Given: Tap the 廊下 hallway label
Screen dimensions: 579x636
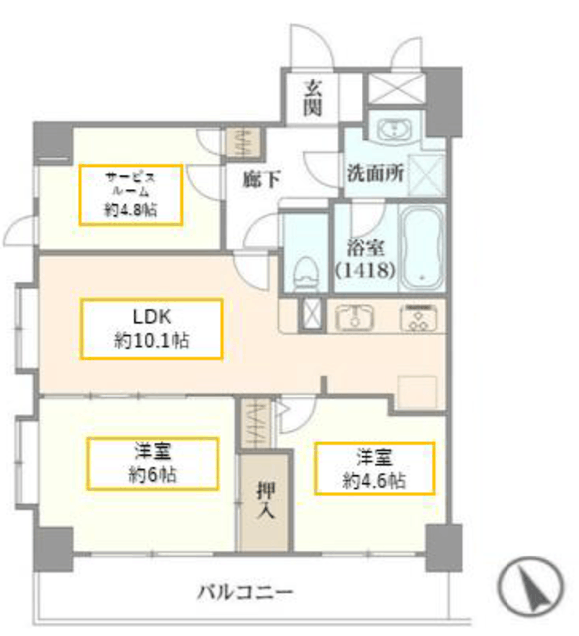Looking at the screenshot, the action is [261, 179].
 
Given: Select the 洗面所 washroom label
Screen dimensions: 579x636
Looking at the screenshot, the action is [375, 173].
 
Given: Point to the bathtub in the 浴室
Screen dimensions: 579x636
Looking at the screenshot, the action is [422, 247].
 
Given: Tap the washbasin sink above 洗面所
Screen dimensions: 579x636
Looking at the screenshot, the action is [393, 129].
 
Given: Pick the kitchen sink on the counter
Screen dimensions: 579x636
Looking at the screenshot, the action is [355, 316].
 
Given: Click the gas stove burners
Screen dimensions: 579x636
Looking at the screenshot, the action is [419, 317].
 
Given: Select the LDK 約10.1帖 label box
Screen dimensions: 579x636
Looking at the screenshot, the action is [152, 329].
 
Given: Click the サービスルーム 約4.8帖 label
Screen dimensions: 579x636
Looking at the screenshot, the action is [130, 195].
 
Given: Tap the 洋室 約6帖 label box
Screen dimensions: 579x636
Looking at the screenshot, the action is [153, 463].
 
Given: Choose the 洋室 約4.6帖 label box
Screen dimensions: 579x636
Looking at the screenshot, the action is [374, 469].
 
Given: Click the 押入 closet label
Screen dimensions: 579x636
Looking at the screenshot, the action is [266, 500].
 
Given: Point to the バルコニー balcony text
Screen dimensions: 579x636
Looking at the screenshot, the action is [244, 592].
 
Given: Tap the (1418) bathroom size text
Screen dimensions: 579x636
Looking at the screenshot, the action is [364, 270].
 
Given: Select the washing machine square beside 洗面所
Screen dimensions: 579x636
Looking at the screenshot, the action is [426, 176].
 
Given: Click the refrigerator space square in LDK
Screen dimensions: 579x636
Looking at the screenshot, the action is [417, 393].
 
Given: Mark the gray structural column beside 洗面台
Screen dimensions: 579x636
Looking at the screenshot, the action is [444, 101].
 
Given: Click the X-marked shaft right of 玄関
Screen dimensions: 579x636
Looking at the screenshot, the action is [395, 88].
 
